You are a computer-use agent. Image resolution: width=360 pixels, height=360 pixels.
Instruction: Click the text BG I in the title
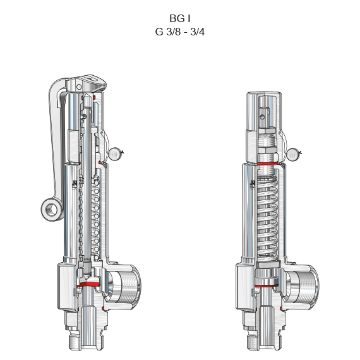pyautogui.click(x=180, y=18)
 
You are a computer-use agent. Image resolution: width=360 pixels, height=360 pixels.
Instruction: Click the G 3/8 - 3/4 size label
pyautogui.click(x=180, y=32)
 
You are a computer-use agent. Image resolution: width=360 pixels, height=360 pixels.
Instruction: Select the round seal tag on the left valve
pyautogui.click(x=115, y=154)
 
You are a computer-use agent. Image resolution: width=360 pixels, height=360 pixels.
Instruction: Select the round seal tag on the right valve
pyautogui.click(x=292, y=155)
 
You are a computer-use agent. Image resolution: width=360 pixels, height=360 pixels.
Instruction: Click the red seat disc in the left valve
pyautogui.click(x=88, y=284)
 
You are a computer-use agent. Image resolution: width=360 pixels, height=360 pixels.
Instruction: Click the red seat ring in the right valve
pyautogui.click(x=267, y=286)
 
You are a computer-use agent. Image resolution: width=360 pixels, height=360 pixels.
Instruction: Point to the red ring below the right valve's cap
pyautogui.click(x=268, y=164)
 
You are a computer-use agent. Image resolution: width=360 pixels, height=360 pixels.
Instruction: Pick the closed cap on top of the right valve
pyautogui.click(x=264, y=112)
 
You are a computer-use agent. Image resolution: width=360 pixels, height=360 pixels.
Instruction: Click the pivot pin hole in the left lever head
pyautogui.click(x=79, y=87)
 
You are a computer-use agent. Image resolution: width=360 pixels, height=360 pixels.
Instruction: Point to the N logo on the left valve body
pyautogui.click(x=75, y=183)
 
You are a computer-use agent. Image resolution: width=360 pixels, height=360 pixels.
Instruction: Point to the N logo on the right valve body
pyautogui.click(x=253, y=183)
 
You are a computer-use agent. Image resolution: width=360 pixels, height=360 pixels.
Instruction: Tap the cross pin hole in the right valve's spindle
pyautogui.click(x=263, y=117)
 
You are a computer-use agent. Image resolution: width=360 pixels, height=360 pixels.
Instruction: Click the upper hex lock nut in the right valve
pyautogui.click(x=267, y=131)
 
